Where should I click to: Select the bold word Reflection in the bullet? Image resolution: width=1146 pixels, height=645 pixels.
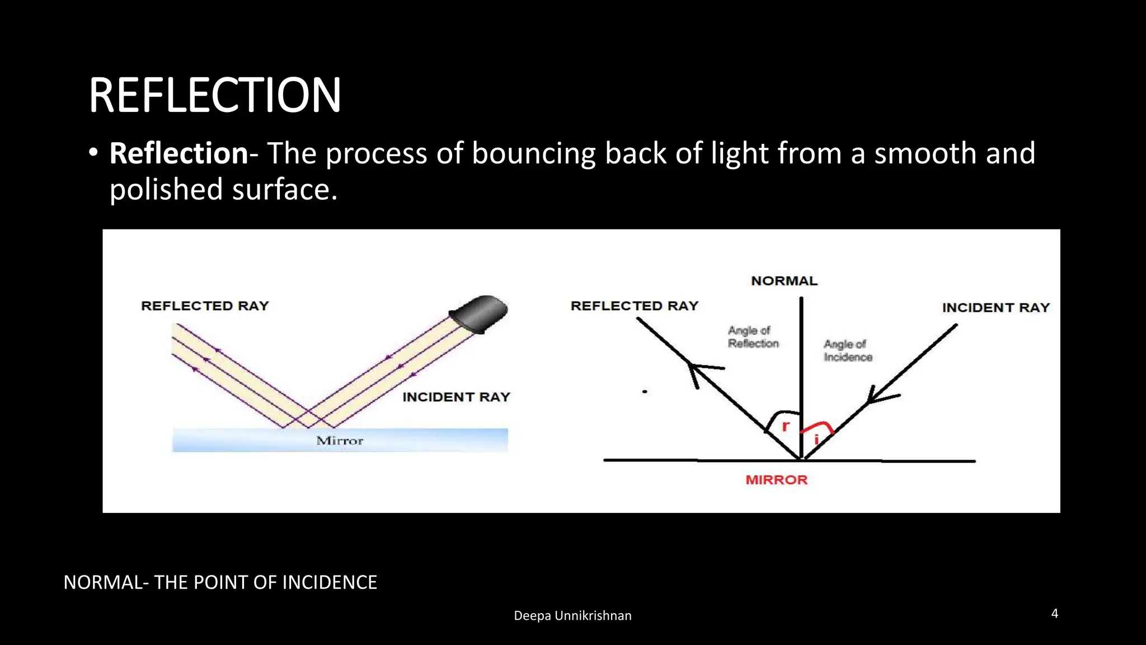coord(179,153)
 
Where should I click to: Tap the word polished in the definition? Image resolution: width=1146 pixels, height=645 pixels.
coord(166,190)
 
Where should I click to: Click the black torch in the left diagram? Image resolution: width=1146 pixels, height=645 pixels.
coord(479,314)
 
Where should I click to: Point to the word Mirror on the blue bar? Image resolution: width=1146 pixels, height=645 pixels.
coord(340,441)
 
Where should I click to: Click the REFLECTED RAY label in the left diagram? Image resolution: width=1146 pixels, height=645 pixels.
coord(205,306)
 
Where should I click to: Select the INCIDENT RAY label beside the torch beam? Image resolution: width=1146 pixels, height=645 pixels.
coord(456,397)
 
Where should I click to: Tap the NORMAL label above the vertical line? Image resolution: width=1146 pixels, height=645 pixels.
coord(784,281)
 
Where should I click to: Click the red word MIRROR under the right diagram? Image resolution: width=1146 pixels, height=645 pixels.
coord(776,480)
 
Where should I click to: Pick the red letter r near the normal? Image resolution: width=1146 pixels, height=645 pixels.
coord(786,427)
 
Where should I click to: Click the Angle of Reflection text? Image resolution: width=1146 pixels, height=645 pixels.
coord(753,337)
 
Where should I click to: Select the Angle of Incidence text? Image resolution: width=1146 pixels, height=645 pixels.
coord(847,351)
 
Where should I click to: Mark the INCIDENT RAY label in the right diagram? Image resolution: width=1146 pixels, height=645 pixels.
coord(995,307)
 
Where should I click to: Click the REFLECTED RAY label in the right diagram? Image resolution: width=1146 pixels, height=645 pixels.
coord(635,306)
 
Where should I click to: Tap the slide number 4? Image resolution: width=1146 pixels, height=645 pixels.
coord(1054,614)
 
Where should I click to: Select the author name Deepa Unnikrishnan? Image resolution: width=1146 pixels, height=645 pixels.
coord(572,616)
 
